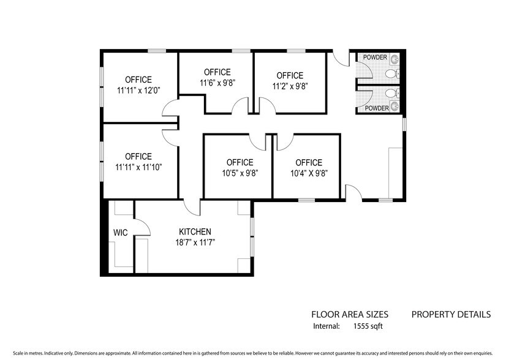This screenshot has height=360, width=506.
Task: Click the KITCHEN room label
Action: [195, 231]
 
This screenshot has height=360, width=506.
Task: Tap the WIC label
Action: [119, 233]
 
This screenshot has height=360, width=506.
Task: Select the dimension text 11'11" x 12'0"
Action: [138, 89]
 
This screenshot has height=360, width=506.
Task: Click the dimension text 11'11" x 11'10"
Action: [138, 167]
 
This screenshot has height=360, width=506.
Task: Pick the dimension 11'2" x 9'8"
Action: [289, 86]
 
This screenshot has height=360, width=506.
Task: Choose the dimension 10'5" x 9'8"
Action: [240, 173]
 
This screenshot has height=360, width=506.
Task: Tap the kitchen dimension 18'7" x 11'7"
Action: [195, 242]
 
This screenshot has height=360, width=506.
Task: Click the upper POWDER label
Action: [375, 58]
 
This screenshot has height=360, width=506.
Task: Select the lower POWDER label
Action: [377, 108]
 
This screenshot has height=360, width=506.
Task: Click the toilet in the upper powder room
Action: [391, 74]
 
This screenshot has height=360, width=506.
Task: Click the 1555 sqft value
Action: [368, 326]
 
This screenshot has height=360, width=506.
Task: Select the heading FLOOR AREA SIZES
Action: [350, 315]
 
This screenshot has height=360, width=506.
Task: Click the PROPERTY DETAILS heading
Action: [450, 315]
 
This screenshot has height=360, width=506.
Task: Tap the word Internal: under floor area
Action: [326, 326]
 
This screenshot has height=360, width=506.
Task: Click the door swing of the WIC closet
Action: [143, 228]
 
